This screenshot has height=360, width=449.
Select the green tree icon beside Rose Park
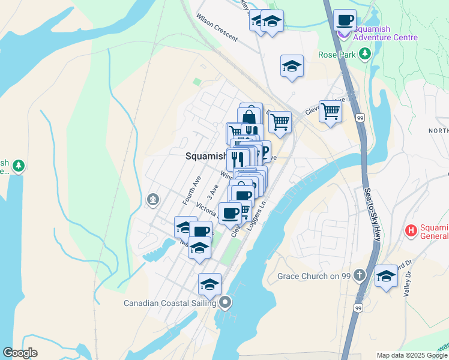364,55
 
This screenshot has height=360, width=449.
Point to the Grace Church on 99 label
314,277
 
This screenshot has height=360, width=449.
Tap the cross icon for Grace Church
359,276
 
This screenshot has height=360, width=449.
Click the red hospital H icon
411,230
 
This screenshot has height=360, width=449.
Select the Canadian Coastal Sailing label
170,303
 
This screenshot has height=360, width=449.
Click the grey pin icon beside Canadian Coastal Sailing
225,302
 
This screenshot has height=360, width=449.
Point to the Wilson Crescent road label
217,29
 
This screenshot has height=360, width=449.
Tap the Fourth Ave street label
191,189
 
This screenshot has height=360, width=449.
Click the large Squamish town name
205,156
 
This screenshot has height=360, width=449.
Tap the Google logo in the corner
20,353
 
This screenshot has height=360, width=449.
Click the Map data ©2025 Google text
411,355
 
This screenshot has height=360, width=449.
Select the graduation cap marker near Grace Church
387,277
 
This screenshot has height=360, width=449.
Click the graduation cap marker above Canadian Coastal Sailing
209,284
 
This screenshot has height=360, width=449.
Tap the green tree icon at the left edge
19,166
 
